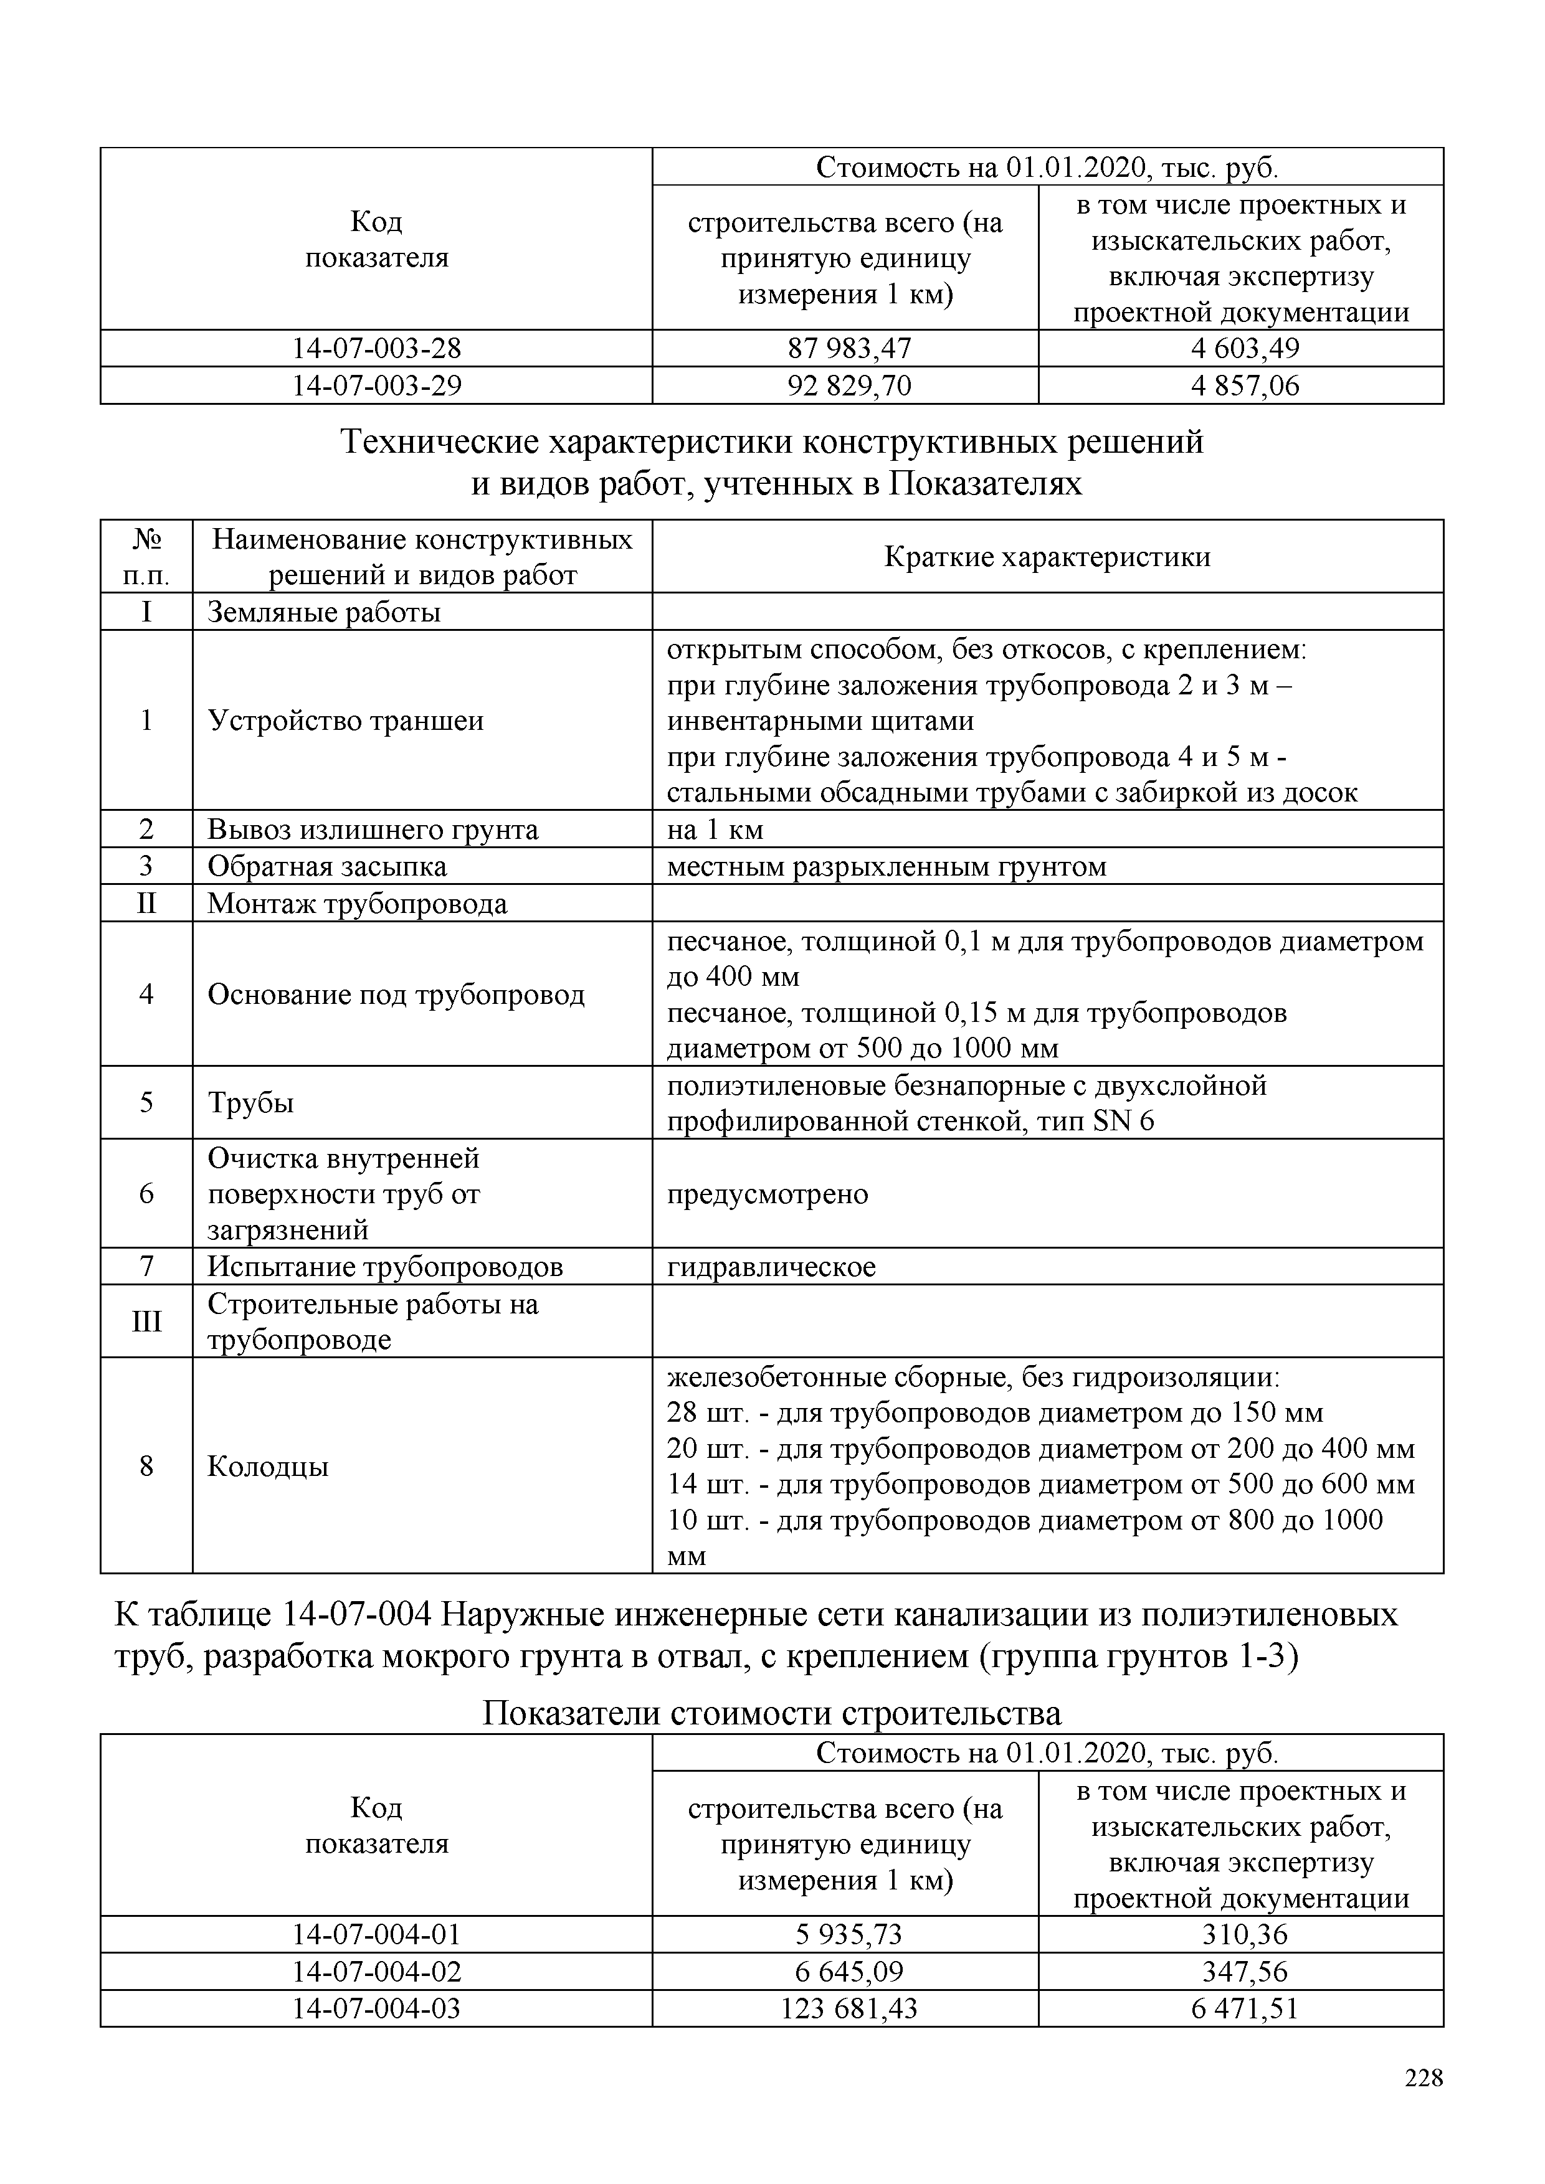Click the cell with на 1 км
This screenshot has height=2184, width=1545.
click(715, 830)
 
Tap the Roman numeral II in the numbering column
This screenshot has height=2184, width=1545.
click(146, 904)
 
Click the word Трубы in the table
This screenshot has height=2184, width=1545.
click(250, 1104)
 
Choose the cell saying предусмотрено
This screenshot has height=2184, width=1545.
click(767, 1194)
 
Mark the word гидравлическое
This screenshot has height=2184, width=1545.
click(771, 1267)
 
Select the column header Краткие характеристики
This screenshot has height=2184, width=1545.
click(1047, 557)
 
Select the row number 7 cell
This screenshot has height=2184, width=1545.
click(146, 1267)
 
